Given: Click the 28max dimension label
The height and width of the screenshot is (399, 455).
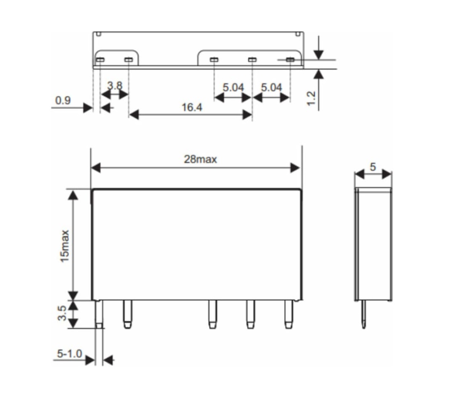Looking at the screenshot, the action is click(200, 159).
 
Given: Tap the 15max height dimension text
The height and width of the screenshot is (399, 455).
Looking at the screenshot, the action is click(65, 246).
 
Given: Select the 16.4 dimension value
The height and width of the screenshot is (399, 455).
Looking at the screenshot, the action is click(192, 108).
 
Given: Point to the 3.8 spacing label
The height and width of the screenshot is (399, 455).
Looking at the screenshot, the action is click(115, 86).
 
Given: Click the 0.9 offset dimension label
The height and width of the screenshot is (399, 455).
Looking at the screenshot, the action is click(63, 101).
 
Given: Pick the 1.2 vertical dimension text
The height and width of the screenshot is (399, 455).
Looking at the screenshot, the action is click(311, 99).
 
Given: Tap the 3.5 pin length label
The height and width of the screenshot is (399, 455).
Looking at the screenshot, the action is click(62, 313).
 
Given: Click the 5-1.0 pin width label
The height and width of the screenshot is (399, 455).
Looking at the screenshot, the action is click(69, 354).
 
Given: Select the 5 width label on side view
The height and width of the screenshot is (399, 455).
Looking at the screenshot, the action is click(373, 167).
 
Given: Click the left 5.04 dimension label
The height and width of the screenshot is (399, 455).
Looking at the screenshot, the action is click(233, 88).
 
